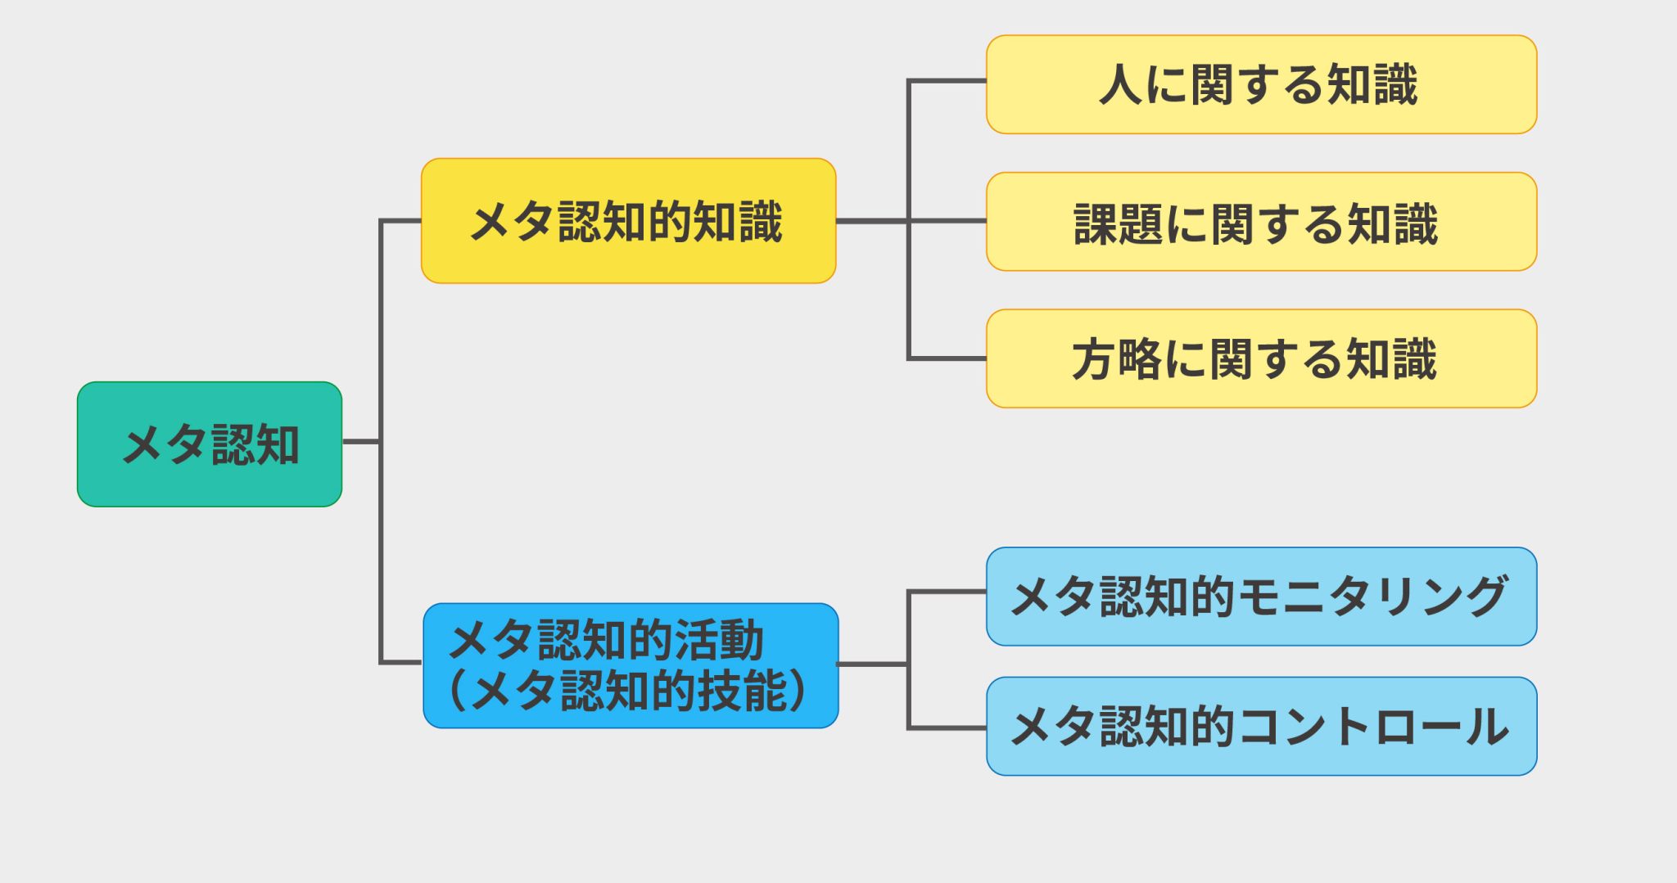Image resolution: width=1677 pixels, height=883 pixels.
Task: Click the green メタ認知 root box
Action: pos(210,444)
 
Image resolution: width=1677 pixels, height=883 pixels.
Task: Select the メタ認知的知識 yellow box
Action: pos(628,221)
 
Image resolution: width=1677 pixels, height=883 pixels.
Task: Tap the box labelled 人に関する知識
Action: pos(1261,84)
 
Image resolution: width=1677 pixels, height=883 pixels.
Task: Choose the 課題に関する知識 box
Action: pos(1261,222)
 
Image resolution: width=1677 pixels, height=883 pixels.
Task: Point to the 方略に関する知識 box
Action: pos(1261,358)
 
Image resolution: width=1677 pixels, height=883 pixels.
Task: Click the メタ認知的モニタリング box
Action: pos(1261,597)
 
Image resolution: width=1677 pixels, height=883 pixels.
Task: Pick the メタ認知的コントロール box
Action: pos(1261,726)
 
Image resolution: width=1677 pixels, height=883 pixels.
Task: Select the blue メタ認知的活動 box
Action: pos(631,665)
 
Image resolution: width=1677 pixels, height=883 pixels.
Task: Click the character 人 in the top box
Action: pos(1120,85)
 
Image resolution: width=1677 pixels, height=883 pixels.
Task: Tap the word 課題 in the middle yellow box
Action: pos(1118,223)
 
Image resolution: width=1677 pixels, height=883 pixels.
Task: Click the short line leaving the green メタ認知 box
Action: pos(360,442)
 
